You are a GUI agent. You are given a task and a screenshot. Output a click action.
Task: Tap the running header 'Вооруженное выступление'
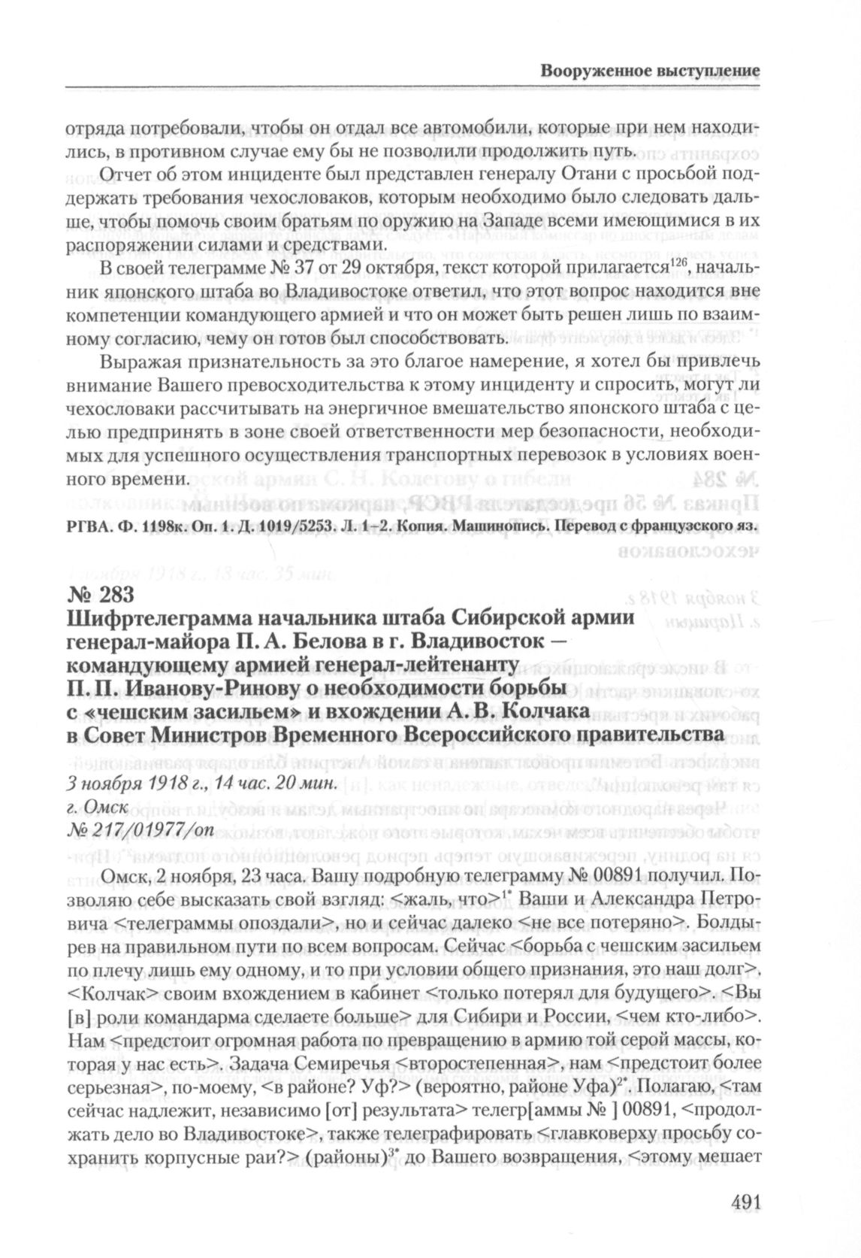click(651, 71)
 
